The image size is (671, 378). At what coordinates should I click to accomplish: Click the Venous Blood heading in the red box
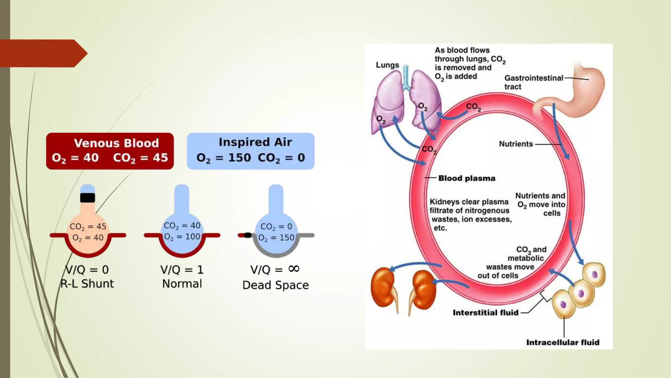[116, 143]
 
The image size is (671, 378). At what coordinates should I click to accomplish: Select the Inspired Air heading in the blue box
[255, 142]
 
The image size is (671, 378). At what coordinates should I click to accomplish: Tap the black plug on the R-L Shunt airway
[87, 198]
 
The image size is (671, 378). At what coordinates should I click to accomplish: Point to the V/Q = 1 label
[182, 270]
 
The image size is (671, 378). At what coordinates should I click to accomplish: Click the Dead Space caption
[276, 285]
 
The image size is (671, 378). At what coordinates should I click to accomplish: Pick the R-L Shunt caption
[87, 283]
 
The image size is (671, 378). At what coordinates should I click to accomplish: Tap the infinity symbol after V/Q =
[294, 269]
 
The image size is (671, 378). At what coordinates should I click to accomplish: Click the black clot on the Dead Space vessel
[248, 235]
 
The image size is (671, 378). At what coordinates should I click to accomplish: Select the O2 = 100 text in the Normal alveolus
[182, 237]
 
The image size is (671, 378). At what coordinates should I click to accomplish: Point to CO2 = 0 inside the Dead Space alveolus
[276, 226]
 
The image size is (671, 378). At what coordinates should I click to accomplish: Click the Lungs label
[387, 65]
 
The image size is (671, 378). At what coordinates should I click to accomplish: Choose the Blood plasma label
[467, 178]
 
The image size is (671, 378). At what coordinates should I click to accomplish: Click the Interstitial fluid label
[486, 313]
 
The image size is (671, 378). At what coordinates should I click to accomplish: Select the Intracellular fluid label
[563, 343]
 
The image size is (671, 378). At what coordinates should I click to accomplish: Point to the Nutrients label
[516, 144]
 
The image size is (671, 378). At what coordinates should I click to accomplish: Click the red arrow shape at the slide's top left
[43, 53]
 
